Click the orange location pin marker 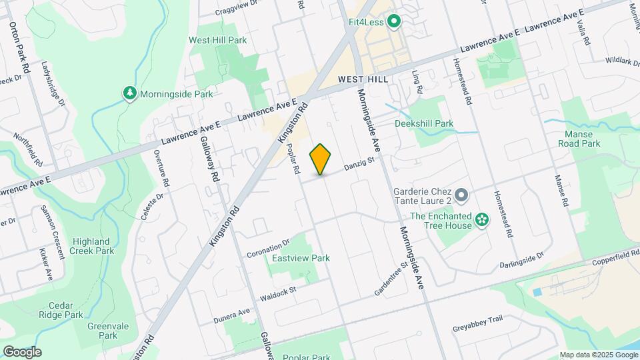(x=321, y=159)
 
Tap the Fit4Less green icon (x=393, y=23)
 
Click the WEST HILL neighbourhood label (x=363, y=79)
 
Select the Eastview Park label (x=301, y=258)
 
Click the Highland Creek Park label (x=91, y=246)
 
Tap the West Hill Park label (x=217, y=40)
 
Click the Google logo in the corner (x=22, y=351)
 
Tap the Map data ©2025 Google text (x=597, y=355)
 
